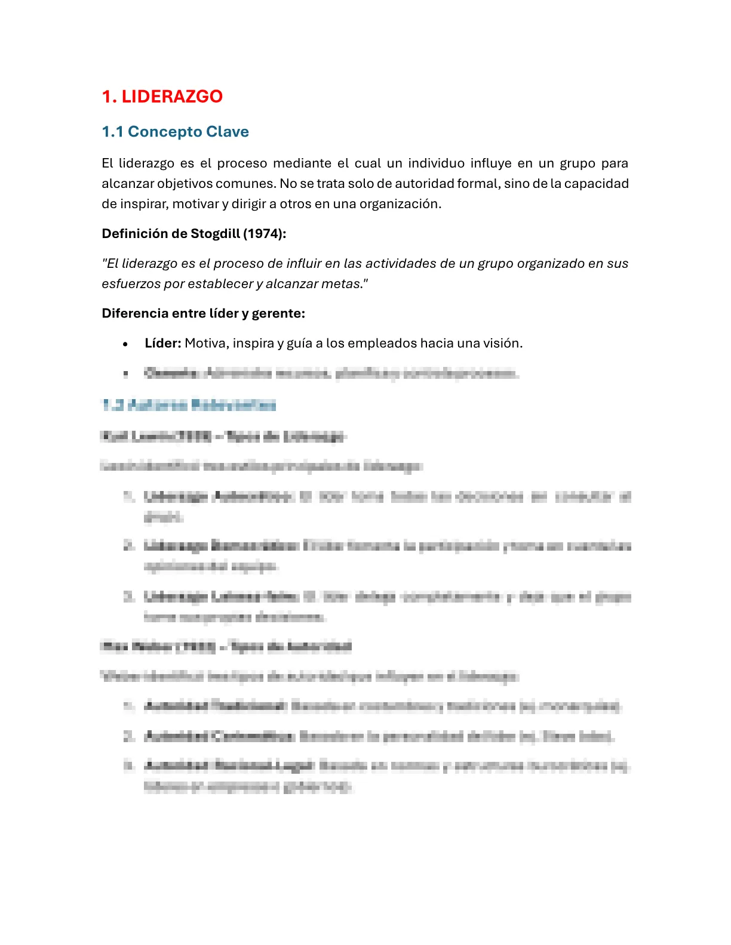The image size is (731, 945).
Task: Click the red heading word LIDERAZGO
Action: coord(172,96)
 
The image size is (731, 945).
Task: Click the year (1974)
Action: coord(264,234)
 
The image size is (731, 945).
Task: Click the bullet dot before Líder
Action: coord(125,344)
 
